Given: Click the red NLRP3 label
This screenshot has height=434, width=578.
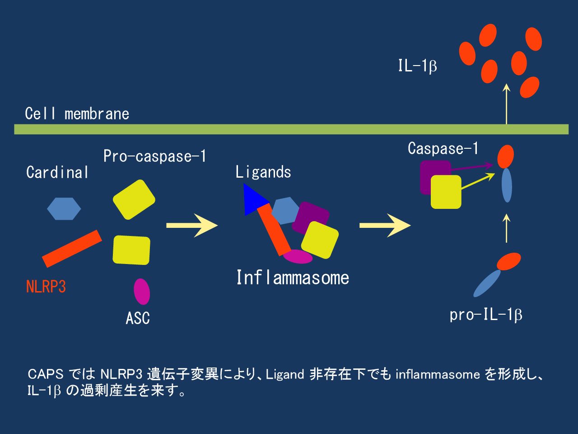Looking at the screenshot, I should (x=46, y=287).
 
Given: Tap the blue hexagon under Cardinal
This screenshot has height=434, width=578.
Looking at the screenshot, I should (x=64, y=208).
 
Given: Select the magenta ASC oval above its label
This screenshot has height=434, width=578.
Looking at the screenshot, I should (x=142, y=291).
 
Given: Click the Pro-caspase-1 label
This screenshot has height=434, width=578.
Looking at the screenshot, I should (x=155, y=156).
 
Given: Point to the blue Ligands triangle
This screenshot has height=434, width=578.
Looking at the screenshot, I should (x=254, y=200).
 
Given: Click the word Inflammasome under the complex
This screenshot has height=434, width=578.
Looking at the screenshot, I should (x=293, y=278).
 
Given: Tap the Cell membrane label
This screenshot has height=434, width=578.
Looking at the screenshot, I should (x=77, y=113).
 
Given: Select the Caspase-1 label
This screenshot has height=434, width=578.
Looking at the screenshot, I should (x=443, y=148).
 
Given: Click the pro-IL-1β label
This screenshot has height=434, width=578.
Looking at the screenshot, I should (x=486, y=315).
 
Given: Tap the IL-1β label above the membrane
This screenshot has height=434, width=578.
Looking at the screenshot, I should (x=417, y=66).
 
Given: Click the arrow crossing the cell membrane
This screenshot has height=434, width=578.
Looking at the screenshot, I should (x=506, y=104).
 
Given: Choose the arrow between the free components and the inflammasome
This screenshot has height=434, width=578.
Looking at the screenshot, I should (x=192, y=225).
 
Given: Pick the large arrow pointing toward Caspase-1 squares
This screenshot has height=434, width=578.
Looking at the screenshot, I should (x=385, y=225).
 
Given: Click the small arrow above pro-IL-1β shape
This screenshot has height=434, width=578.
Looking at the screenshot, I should (x=507, y=228).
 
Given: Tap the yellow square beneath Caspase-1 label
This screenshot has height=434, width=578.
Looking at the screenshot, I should (x=446, y=192).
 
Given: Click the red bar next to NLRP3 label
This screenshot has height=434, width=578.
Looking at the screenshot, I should (x=72, y=249).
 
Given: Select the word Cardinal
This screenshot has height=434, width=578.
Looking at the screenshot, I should (x=57, y=172).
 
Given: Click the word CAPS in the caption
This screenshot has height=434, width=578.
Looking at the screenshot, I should (x=46, y=374).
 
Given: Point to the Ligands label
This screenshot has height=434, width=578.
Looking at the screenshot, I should (x=263, y=172).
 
